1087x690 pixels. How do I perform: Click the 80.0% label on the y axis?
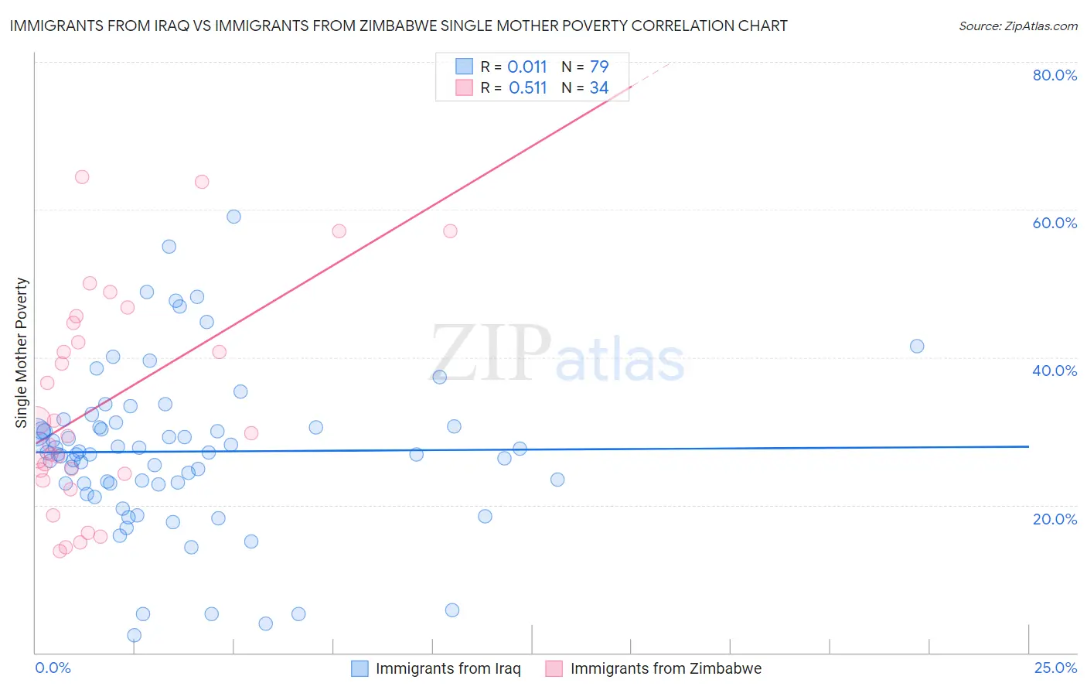click(1055, 75)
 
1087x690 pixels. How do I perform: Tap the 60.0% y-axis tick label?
click(1055, 223)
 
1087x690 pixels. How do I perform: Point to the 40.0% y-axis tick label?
click(1055, 371)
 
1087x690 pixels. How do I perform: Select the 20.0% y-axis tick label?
click(1055, 518)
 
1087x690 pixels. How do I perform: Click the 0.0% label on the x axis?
click(53, 668)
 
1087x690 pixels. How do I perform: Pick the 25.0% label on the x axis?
click(1055, 668)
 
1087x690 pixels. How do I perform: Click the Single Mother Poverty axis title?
click(22, 353)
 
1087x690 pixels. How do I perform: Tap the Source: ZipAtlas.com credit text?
click(1017, 26)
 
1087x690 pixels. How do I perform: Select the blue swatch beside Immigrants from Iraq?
click(359, 668)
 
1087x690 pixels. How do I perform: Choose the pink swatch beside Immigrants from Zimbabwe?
click(554, 668)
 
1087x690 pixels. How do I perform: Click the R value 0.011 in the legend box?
click(527, 67)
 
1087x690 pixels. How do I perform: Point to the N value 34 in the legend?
click(599, 87)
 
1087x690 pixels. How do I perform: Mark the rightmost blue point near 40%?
click(917, 346)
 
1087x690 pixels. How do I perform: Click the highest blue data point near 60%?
click(233, 217)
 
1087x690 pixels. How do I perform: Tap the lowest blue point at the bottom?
click(134, 635)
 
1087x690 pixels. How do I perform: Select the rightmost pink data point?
click(450, 231)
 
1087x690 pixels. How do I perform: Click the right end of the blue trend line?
click(1028, 446)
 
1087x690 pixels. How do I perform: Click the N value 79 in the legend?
click(599, 67)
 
